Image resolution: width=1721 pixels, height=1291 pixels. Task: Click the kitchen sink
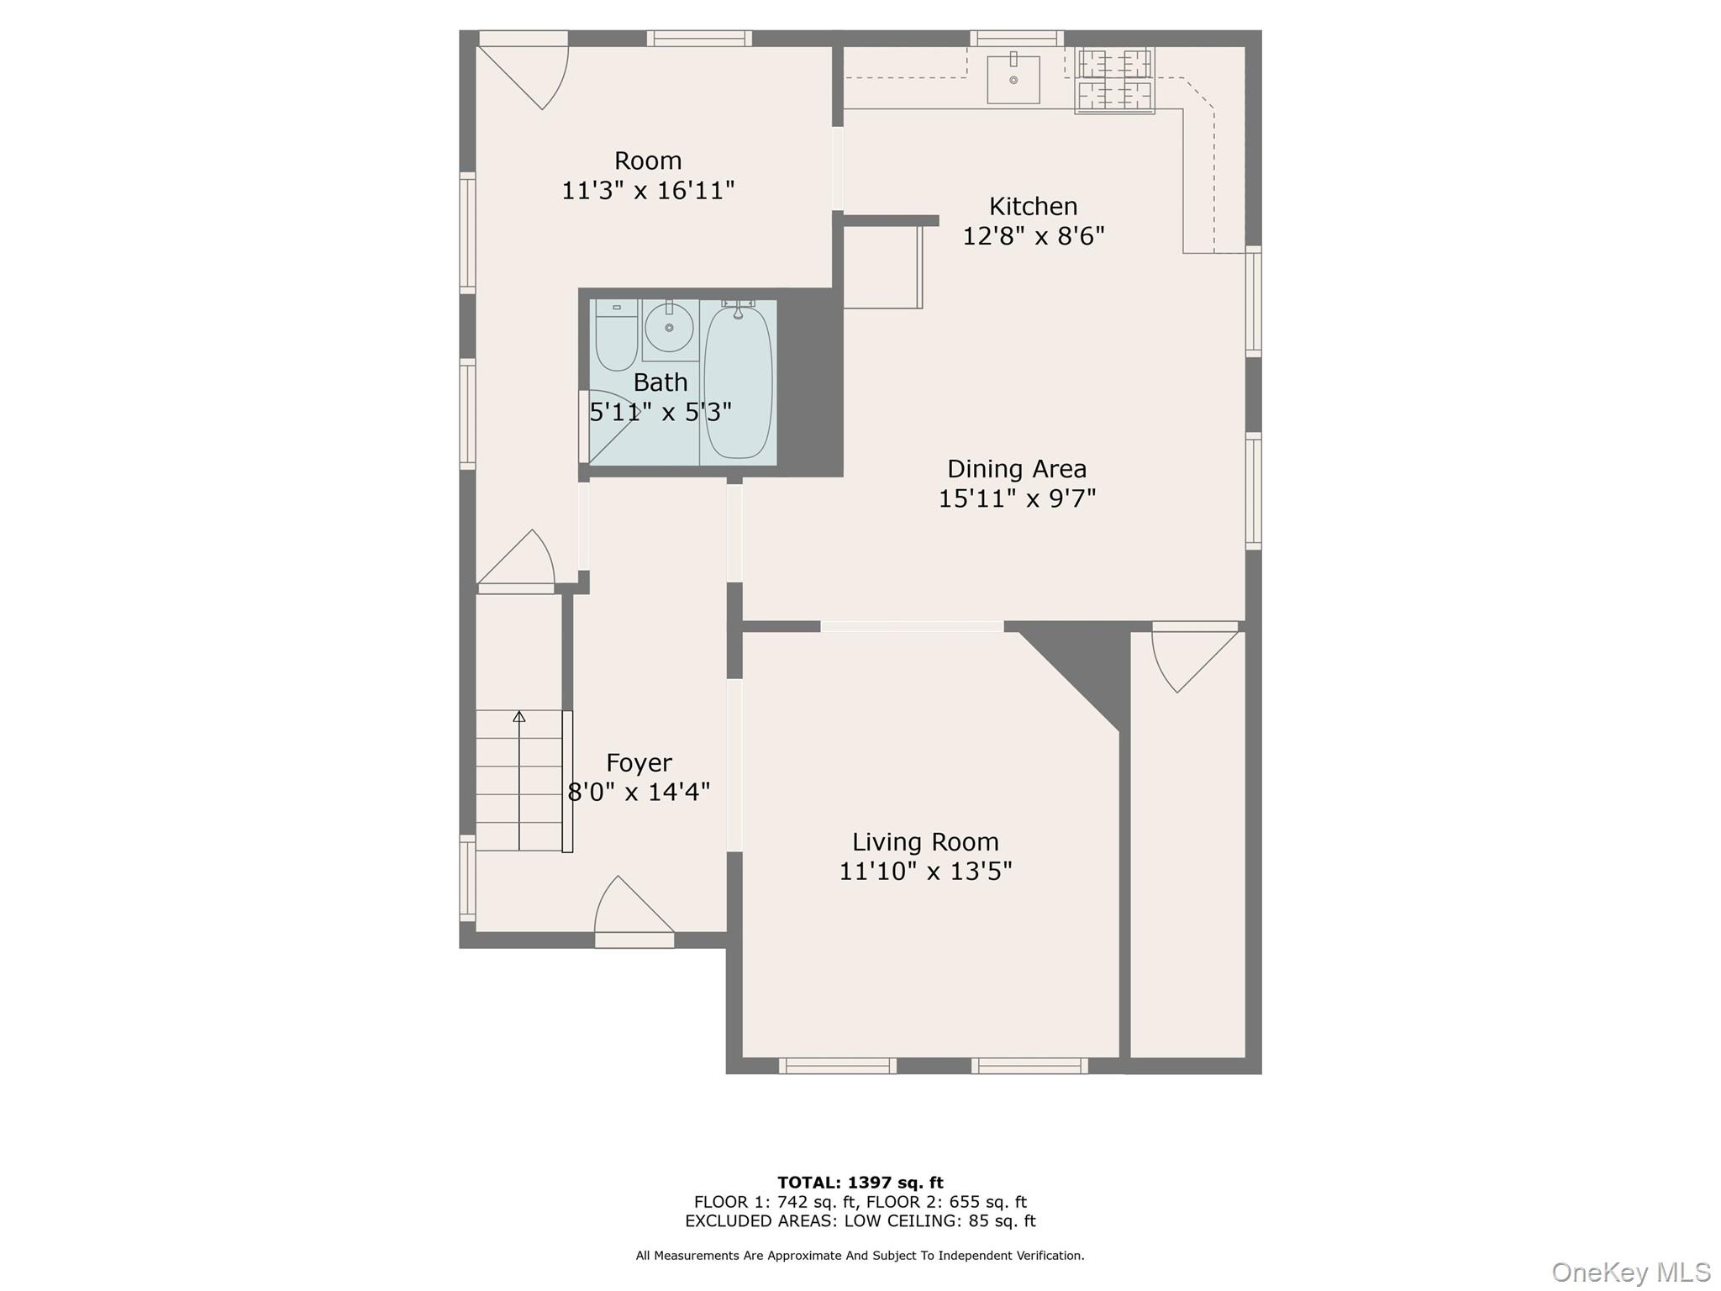tap(1013, 80)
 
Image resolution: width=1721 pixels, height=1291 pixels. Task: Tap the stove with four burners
tap(1114, 80)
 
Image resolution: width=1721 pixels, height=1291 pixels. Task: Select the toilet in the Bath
tap(616, 336)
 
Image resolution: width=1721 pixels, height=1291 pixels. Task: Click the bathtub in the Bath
tap(738, 383)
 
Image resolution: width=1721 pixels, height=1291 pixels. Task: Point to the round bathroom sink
tap(669, 328)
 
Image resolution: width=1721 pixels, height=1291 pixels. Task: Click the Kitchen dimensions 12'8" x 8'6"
tap(1033, 236)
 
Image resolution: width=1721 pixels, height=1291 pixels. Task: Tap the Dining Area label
tap(1017, 468)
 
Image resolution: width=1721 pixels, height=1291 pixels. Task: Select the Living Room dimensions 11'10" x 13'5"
tap(925, 872)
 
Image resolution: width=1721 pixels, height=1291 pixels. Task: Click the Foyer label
tap(639, 762)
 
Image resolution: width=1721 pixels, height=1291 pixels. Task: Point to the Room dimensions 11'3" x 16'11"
tap(648, 191)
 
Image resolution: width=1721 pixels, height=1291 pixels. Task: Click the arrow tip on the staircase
tap(519, 716)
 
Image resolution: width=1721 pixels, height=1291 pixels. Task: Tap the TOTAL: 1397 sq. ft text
tap(860, 1183)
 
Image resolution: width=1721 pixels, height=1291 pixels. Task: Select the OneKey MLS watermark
tap(1630, 1272)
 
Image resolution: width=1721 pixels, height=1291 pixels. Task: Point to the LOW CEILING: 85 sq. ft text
tap(939, 1221)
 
